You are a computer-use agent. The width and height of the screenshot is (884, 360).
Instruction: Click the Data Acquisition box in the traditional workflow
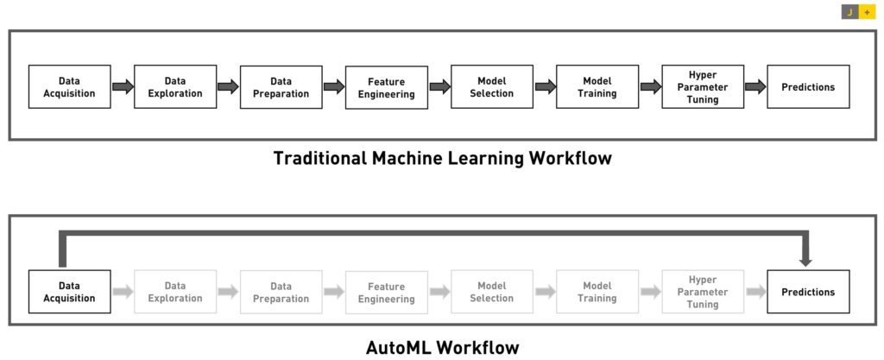pyautogui.click(x=69, y=86)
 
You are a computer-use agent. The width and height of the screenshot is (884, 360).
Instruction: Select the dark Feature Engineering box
pyautogui.click(x=386, y=87)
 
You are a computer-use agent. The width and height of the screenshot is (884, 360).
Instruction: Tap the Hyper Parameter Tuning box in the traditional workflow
pyautogui.click(x=703, y=86)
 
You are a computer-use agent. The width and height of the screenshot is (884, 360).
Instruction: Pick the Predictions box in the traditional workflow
pyautogui.click(x=808, y=86)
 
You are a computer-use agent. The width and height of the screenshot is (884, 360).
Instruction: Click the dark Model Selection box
pyautogui.click(x=491, y=86)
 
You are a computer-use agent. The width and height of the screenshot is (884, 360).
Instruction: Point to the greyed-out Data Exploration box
pyautogui.click(x=174, y=292)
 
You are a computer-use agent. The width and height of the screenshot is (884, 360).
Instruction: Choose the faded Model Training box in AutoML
pyautogui.click(x=597, y=292)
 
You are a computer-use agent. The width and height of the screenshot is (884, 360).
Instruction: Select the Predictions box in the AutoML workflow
pyautogui.click(x=808, y=292)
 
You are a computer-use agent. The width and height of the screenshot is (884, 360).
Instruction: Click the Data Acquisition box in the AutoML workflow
pyautogui.click(x=69, y=292)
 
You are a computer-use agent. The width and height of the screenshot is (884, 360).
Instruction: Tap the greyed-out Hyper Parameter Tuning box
pyautogui.click(x=703, y=292)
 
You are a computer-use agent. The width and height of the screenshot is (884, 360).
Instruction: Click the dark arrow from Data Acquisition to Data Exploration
pyautogui.click(x=123, y=86)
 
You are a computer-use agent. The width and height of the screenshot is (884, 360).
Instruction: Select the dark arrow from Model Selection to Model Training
pyautogui.click(x=546, y=86)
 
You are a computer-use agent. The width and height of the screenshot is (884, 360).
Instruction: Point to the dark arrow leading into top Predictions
pyautogui.click(x=756, y=86)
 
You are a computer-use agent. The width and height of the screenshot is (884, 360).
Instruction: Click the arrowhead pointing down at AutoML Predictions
pyautogui.click(x=805, y=262)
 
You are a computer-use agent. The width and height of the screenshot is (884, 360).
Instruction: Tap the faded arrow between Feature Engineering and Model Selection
pyautogui.click(x=439, y=292)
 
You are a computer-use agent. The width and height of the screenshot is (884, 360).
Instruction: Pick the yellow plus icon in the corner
pyautogui.click(x=867, y=12)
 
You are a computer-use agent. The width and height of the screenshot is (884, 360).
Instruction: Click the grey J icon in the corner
pyautogui.click(x=850, y=12)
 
